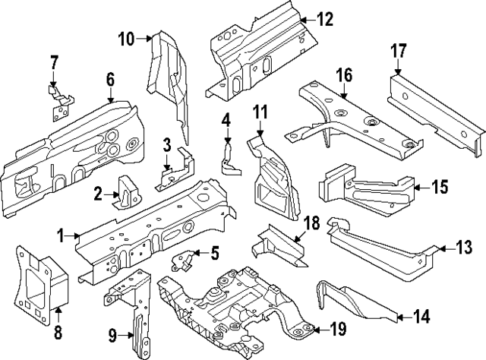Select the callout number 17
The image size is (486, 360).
[x=399, y=53]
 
